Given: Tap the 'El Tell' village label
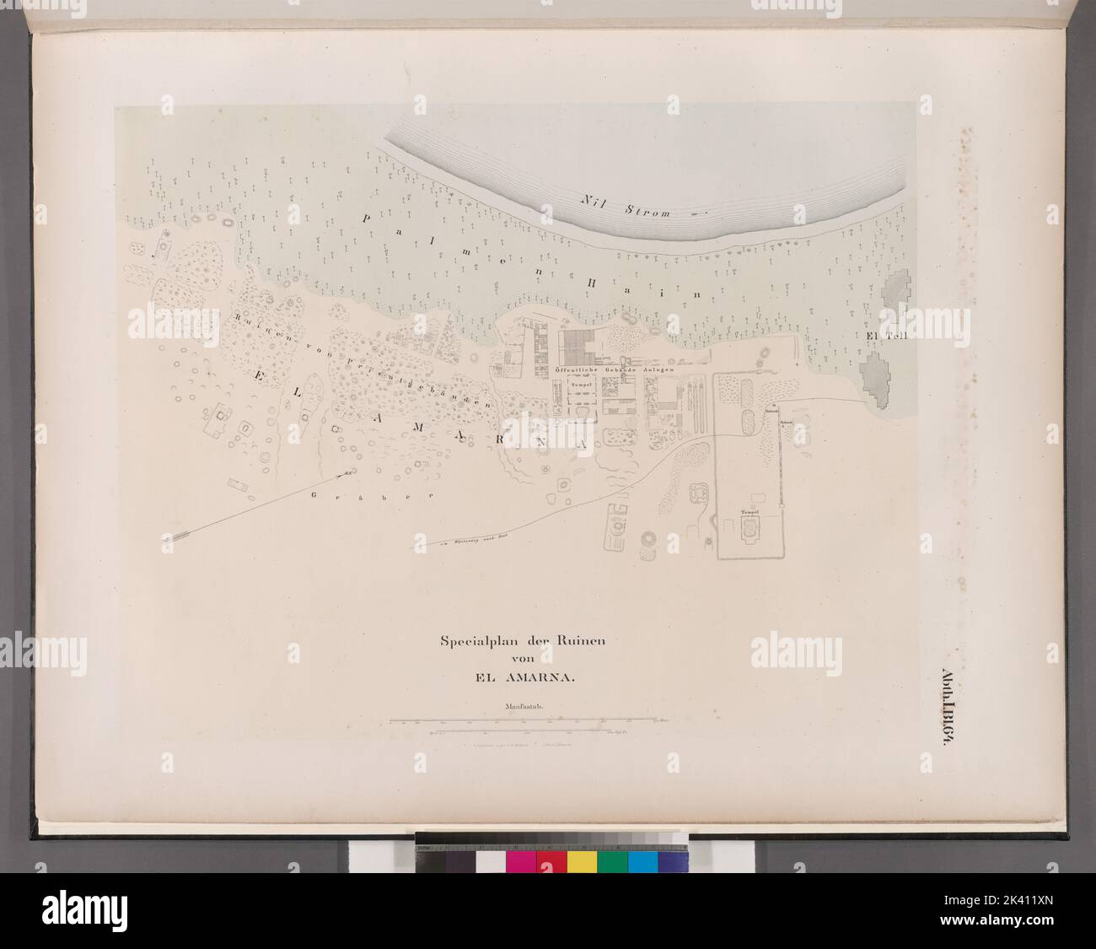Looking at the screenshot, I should point(883,336).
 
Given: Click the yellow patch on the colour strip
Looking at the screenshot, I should point(582,861).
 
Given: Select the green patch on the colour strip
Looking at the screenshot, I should point(613,861).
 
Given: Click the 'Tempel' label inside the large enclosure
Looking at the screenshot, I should point(748,512).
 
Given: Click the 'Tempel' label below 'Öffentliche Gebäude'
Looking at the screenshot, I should point(581,384).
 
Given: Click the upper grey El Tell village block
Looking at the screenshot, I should point(895,293).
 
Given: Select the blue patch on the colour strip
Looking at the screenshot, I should point(643,861).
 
